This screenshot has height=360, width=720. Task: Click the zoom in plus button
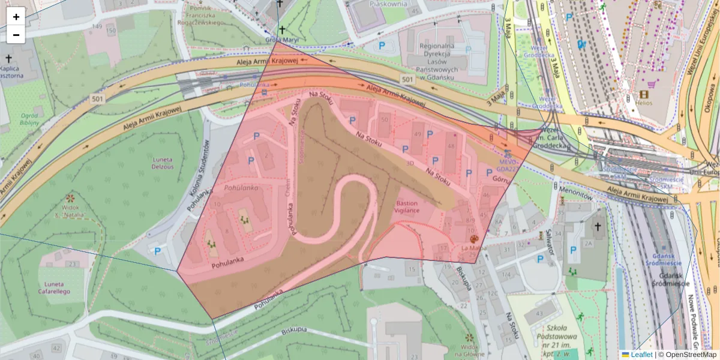tap(16, 16)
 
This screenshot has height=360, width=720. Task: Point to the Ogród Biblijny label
tap(29, 119)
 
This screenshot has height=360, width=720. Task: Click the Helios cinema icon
tap(644, 94)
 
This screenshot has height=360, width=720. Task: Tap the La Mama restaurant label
tap(473, 248)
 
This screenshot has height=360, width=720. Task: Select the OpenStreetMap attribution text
tap(687, 355)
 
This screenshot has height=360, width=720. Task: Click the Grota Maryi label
tap(282, 40)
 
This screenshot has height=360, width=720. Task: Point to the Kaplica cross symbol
tap(8, 59)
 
